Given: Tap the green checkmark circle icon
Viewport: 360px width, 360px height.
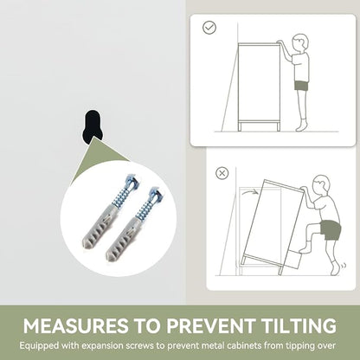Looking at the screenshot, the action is (209, 28).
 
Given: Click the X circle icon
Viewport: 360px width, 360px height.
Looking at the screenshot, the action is (222, 173).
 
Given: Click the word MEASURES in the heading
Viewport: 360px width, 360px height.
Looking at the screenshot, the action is (75, 325).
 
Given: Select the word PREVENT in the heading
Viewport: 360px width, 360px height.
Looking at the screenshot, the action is (211, 325).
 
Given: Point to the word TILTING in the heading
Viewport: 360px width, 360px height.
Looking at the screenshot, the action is (299, 325).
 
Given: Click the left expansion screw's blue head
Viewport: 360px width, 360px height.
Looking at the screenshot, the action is (132, 182).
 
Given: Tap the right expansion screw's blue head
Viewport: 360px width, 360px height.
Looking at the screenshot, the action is (156, 195).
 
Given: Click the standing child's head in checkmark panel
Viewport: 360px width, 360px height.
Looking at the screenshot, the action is (300, 43).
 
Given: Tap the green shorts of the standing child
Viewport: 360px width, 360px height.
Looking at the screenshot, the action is (301, 86).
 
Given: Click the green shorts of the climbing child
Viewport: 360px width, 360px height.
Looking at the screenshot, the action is (331, 229).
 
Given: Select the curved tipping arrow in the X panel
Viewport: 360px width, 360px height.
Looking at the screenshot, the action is (249, 193).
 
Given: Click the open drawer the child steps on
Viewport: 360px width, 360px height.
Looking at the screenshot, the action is (292, 259).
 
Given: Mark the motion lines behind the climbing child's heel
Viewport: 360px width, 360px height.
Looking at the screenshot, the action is (344, 266).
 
